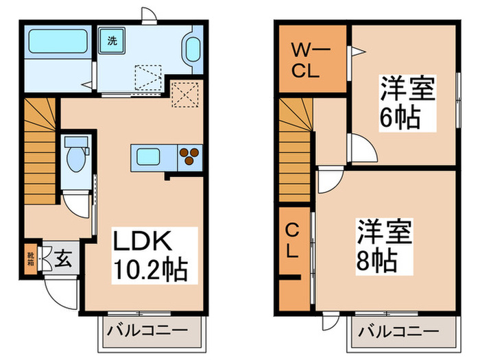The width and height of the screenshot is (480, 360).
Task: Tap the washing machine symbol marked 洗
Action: [x=111, y=40]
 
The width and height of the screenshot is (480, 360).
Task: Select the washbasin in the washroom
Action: [x=191, y=51]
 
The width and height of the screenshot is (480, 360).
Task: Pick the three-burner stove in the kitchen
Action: [x=189, y=158]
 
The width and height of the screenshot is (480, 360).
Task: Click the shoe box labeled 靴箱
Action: [x=31, y=259]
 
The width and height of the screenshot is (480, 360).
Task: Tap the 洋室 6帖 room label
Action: [x=404, y=104]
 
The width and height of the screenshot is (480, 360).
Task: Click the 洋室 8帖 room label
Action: [x=382, y=245]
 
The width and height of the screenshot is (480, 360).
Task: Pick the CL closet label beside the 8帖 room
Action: [x=293, y=241]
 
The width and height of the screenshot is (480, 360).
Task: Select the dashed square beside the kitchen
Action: [x=184, y=95]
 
